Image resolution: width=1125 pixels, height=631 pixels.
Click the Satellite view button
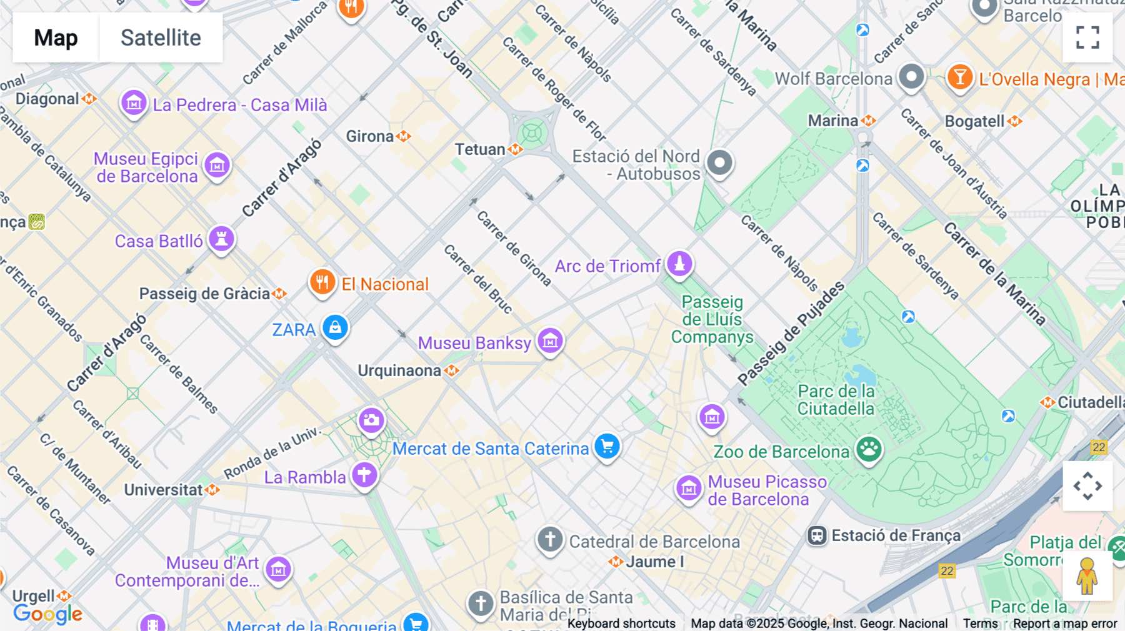[161, 37]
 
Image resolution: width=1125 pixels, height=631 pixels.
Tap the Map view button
[56, 37]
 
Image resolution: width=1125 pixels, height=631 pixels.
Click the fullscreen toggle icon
[1087, 37]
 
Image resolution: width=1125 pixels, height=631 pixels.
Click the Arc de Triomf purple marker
[679, 263]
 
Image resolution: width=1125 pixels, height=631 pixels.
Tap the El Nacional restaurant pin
[322, 282]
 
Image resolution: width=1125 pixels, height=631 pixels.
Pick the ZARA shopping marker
[335, 327]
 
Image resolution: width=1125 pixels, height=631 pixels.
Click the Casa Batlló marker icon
[221, 239]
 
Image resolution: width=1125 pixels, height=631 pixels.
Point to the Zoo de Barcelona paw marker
[869, 449]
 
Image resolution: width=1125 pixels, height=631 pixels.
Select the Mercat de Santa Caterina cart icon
[607, 446]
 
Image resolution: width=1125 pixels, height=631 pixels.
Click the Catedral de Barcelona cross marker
[550, 539]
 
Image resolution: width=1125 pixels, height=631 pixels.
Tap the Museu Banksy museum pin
[551, 341]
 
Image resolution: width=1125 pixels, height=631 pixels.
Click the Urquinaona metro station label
[400, 370]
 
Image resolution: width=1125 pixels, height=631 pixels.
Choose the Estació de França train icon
[817, 535]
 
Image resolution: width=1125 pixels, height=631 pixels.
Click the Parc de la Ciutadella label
[836, 400]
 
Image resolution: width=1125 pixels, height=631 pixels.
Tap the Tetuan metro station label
[480, 149]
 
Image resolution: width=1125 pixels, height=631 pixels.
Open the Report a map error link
[1065, 624]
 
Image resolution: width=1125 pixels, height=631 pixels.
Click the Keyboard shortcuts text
[621, 624]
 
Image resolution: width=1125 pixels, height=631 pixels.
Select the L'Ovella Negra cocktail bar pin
[959, 77]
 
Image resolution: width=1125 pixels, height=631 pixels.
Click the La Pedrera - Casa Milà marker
[134, 102]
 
